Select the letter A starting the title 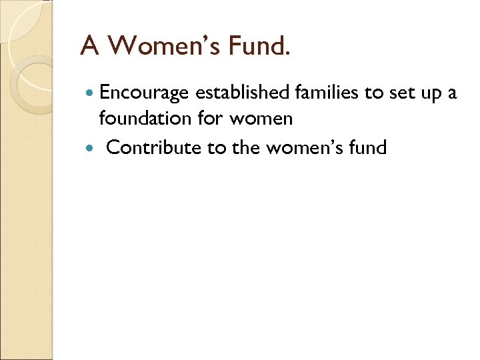coord(90,45)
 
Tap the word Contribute coord(154,147)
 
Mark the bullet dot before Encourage coord(90,94)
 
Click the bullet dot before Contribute coord(90,147)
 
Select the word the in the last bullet coord(245,147)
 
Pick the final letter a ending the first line coord(453,94)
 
